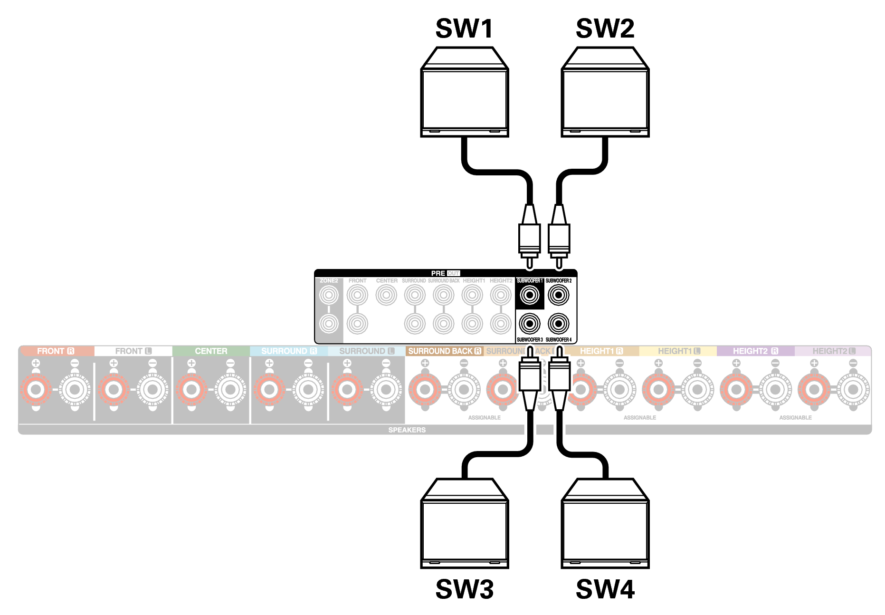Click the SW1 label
[464, 29]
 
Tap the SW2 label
[605, 29]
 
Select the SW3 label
[464, 589]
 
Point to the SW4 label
[605, 589]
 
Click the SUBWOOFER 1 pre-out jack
[530, 295]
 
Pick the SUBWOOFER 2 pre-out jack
[559, 295]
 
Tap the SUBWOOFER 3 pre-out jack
[530, 324]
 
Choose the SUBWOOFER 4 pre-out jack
[559, 324]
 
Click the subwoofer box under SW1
[465, 93]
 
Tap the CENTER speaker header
[211, 351]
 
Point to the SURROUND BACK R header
[444, 351]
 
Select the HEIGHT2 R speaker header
[755, 351]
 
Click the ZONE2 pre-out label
[329, 281]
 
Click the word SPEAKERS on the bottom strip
[407, 430]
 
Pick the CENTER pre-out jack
[386, 295]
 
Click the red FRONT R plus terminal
[36, 390]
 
